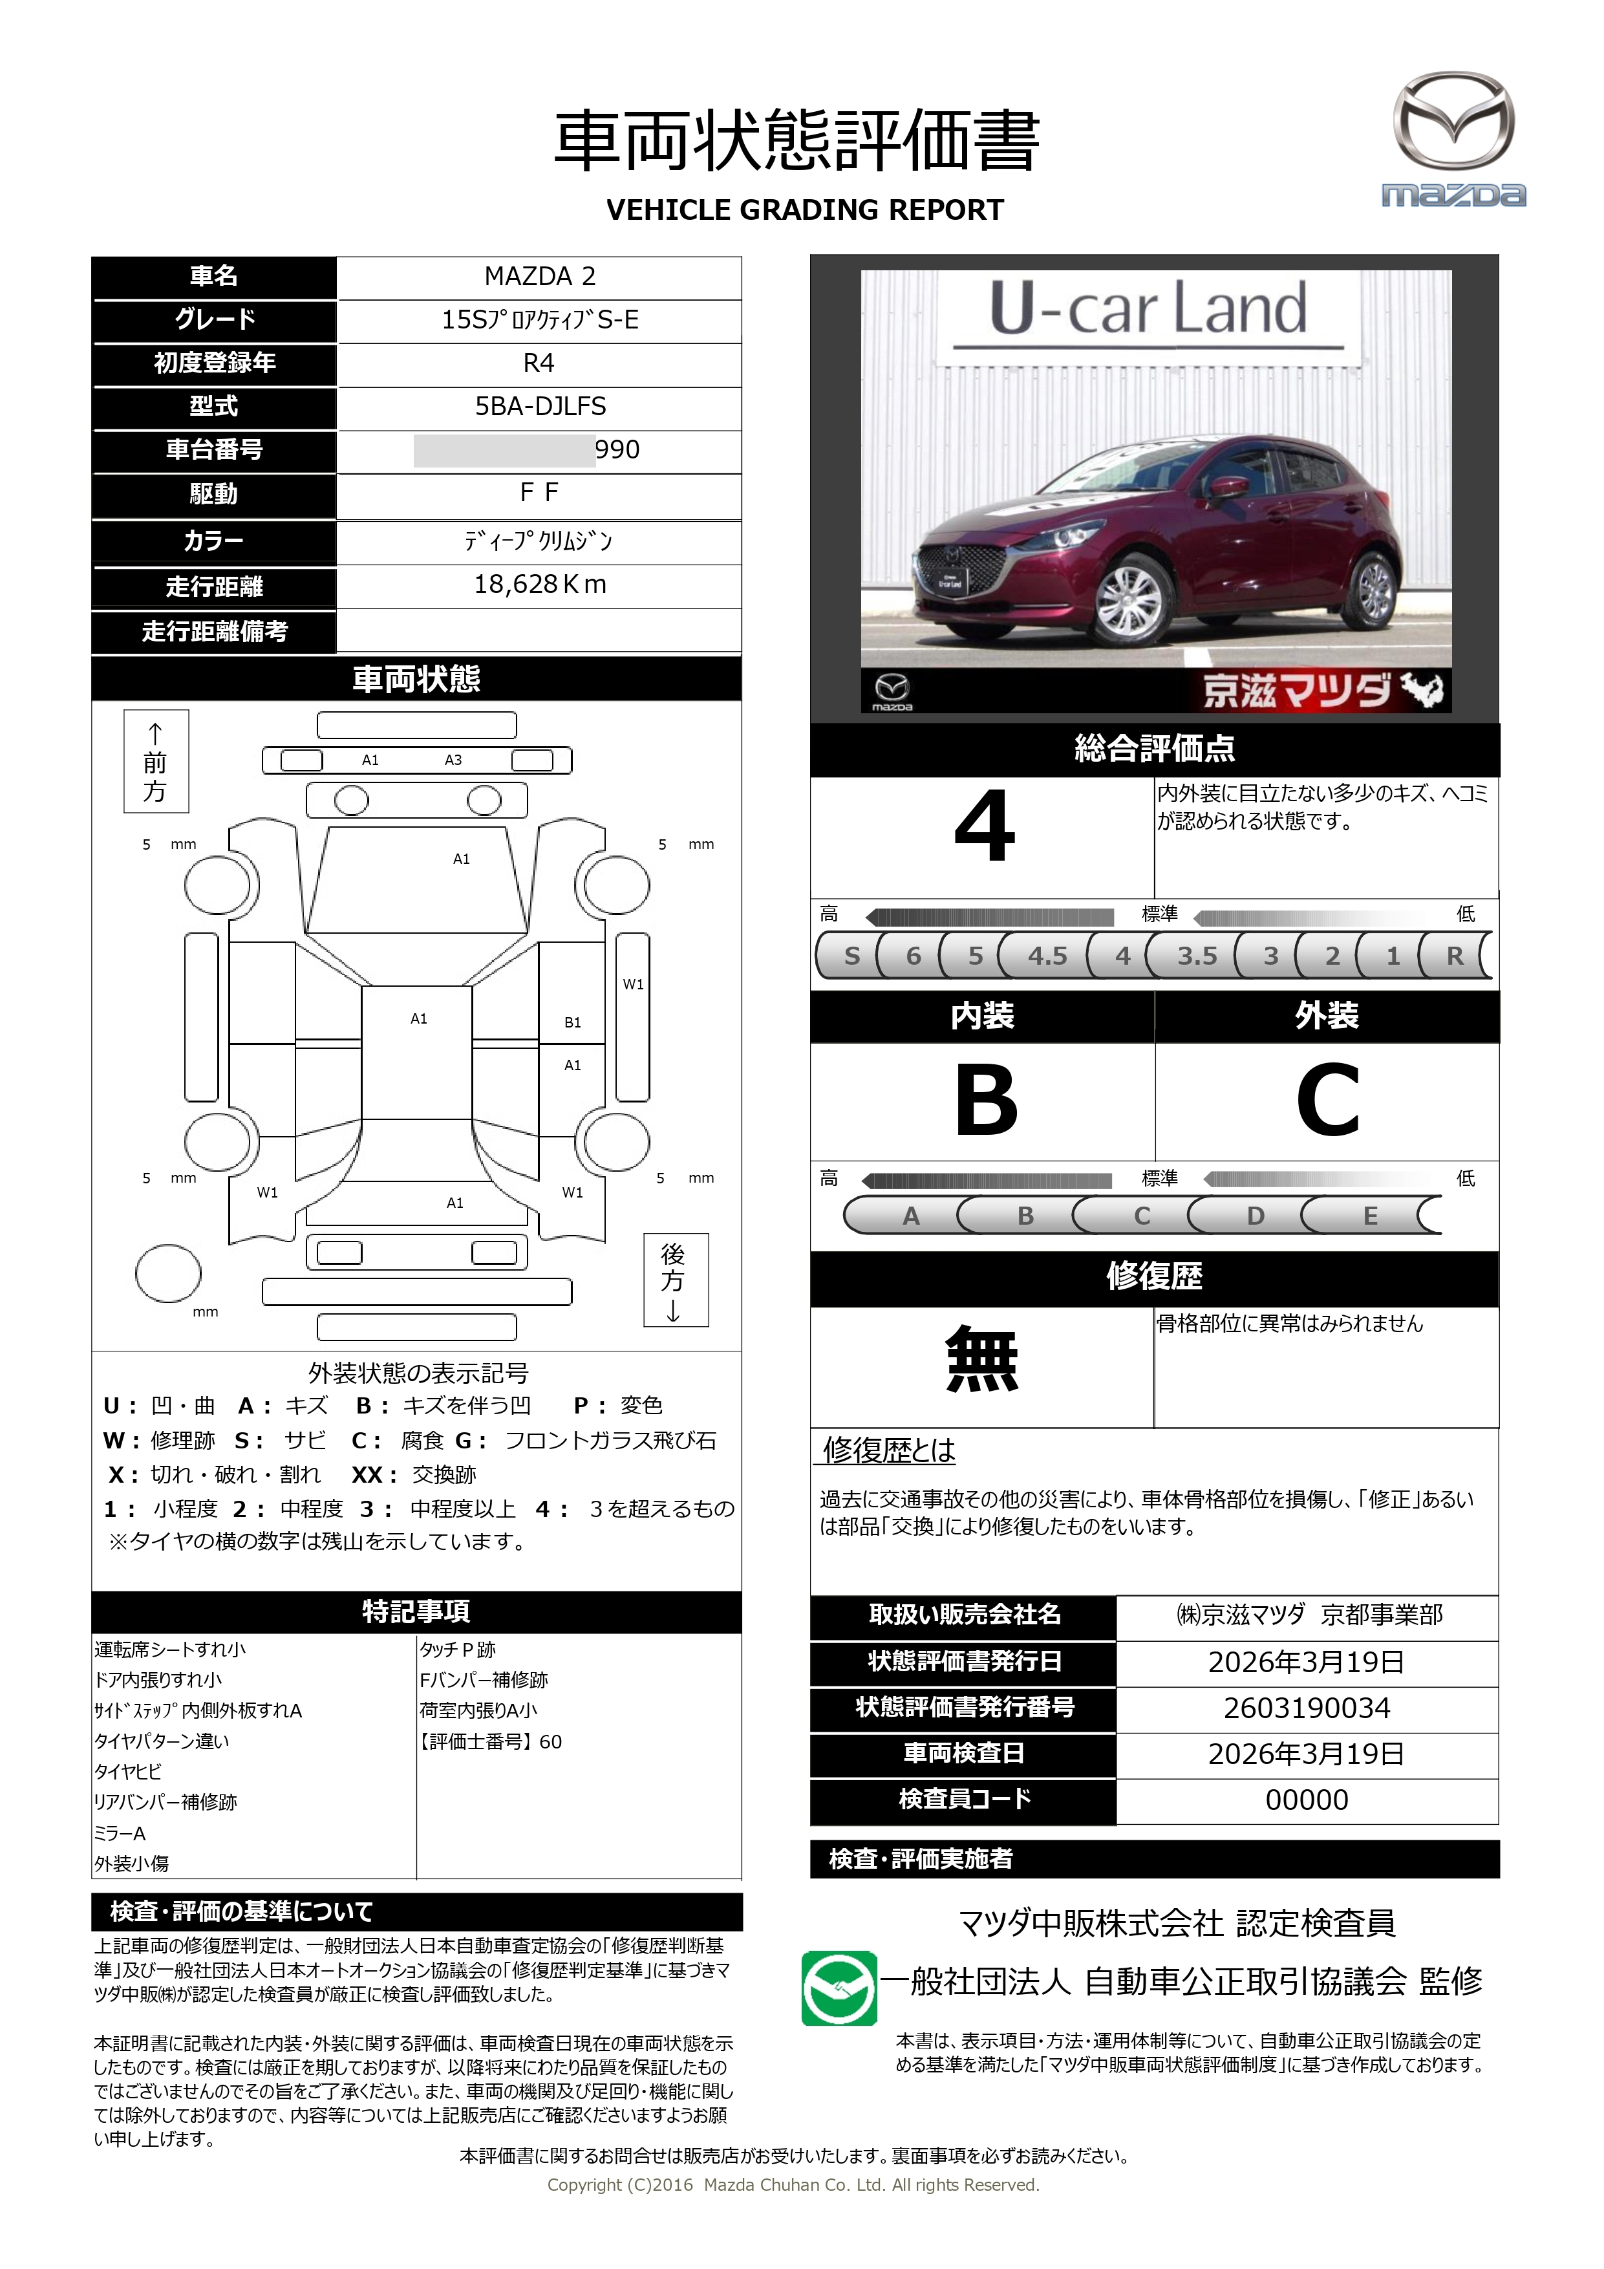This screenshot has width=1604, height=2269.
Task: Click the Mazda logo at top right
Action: click(x=1453, y=138)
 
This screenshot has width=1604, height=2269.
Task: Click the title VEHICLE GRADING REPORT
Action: click(x=804, y=211)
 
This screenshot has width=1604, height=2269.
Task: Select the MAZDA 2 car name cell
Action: click(x=540, y=277)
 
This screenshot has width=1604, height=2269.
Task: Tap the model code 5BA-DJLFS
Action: click(x=540, y=406)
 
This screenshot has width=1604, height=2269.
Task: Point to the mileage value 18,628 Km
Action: click(x=540, y=584)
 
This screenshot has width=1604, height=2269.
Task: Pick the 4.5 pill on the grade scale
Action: click(x=1047, y=956)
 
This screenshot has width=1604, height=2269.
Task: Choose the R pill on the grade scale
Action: click(x=1454, y=956)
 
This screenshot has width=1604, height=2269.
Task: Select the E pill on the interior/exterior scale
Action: click(x=1370, y=1216)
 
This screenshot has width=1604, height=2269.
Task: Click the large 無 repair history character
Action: click(x=981, y=1360)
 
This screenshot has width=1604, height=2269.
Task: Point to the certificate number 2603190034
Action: click(x=1307, y=1708)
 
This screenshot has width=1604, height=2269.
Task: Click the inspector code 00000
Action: click(x=1307, y=1800)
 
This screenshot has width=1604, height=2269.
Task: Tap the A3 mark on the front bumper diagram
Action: click(x=453, y=760)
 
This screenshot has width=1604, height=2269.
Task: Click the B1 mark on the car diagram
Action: click(x=572, y=1023)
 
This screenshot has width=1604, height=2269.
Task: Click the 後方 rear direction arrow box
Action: click(x=675, y=1280)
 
